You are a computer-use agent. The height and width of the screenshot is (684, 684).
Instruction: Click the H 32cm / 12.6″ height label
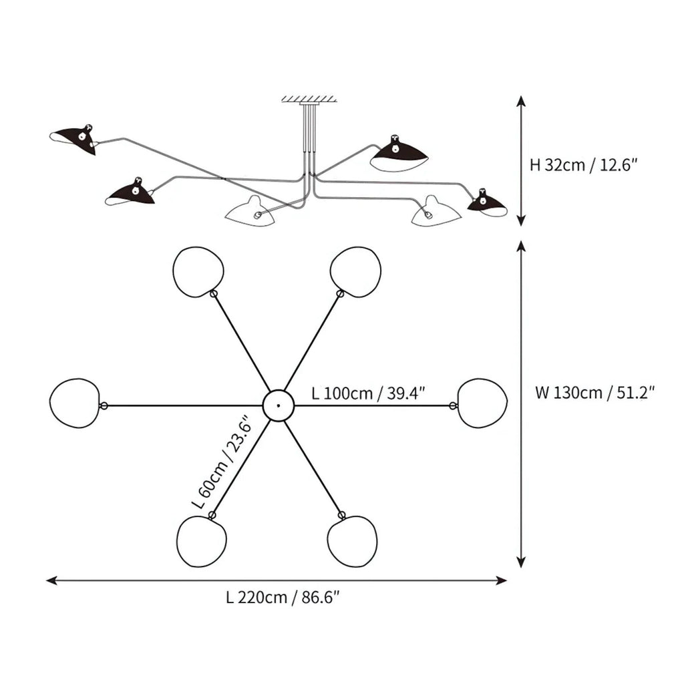[x=579, y=165]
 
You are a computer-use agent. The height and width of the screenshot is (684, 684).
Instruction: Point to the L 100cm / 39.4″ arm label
[x=369, y=393]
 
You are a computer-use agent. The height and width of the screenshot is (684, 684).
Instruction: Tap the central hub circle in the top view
[x=278, y=405]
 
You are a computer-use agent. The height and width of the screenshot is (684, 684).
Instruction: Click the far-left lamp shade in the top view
[x=75, y=403]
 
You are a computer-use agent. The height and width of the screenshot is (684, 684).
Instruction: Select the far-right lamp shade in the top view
[x=482, y=403]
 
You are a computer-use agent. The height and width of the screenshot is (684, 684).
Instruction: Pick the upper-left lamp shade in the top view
[x=198, y=271]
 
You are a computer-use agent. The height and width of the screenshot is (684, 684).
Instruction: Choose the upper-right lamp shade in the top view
[x=355, y=271]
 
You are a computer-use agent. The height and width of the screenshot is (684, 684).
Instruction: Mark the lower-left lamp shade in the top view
[x=202, y=541]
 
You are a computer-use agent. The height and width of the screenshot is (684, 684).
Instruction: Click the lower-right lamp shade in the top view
[x=352, y=541]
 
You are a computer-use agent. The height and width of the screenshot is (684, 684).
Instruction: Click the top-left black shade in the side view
[x=75, y=138]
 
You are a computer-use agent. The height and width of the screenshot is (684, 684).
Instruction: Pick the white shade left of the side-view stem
[x=249, y=212]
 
